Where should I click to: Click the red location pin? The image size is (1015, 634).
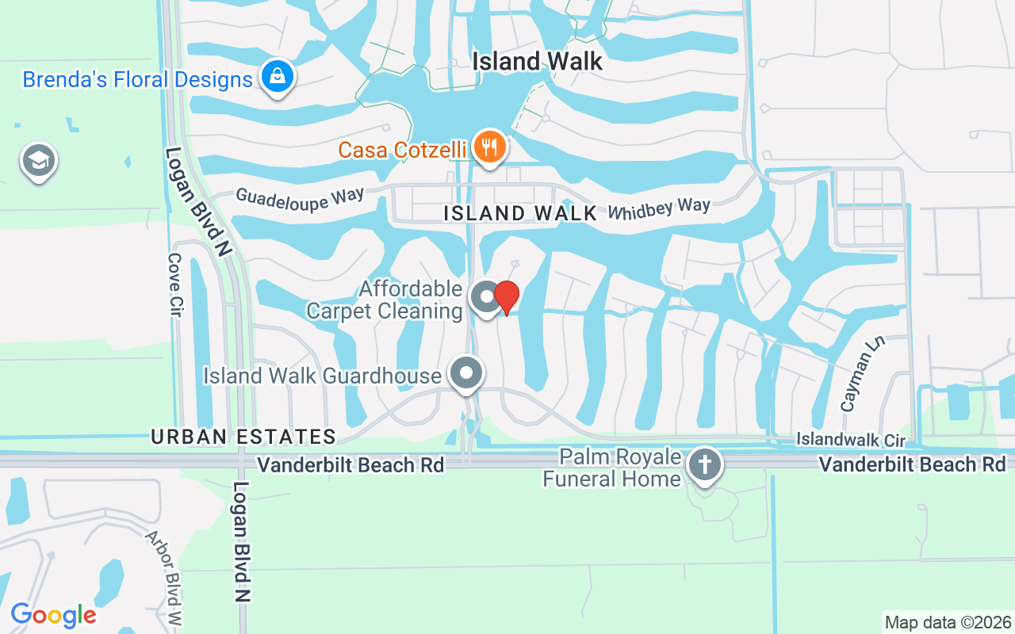tap(507, 297)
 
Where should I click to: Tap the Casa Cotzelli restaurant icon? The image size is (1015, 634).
tap(490, 147)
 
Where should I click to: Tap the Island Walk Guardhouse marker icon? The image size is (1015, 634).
tap(466, 372)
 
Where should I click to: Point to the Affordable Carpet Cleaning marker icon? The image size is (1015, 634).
tap(485, 298)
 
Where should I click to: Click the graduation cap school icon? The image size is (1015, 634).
tap(38, 162)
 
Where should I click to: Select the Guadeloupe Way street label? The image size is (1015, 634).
tap(300, 198)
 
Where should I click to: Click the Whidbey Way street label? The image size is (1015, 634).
tap(659, 208)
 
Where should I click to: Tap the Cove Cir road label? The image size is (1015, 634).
tap(175, 285)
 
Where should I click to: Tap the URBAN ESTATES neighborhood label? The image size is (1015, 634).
tap(243, 437)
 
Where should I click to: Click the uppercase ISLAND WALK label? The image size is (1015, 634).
tap(520, 213)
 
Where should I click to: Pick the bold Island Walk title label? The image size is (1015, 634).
tap(538, 61)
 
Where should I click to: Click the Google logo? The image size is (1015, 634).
tap(53, 615)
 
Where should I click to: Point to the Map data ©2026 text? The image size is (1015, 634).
tap(948, 622)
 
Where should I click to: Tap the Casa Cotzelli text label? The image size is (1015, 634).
tap(402, 150)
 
